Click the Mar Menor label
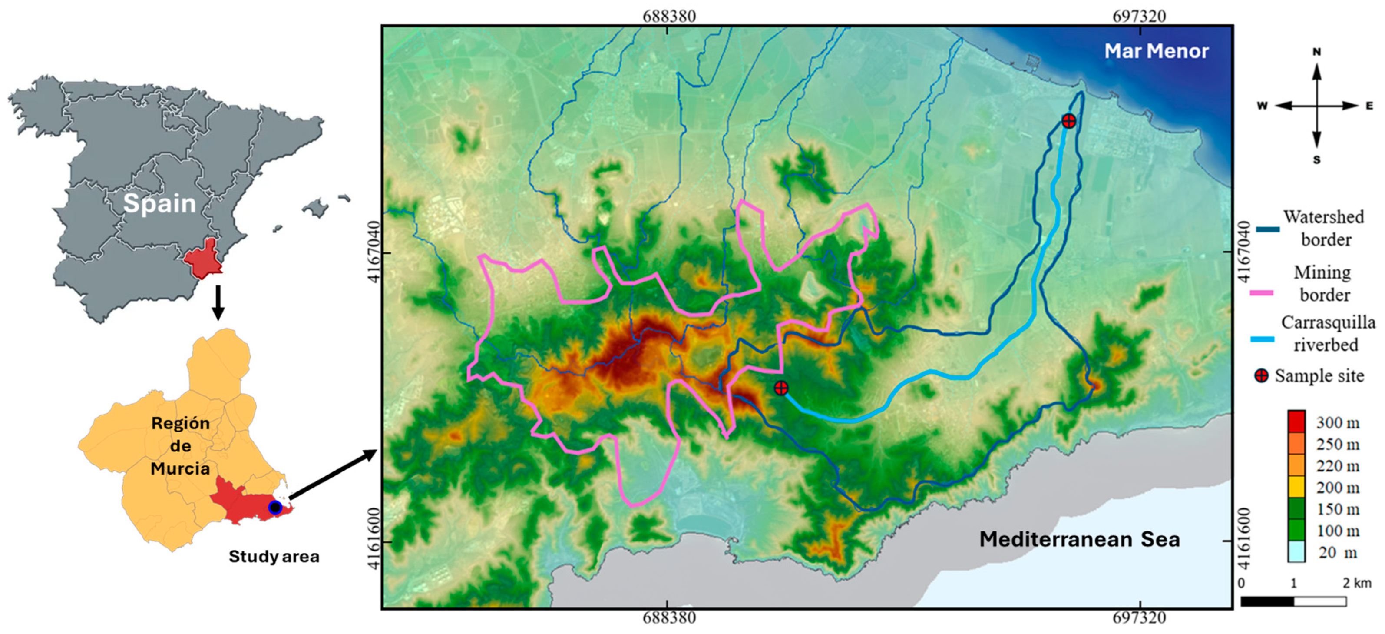(1156, 51)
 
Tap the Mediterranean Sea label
(1079, 539)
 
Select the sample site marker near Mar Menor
(1068, 121)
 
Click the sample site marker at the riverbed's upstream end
(781, 388)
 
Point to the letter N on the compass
(1317, 52)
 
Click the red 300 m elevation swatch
(1296, 422)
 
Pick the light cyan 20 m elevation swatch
(1296, 552)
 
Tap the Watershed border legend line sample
(1267, 229)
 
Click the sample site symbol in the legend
(1261, 375)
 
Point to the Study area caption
(274, 556)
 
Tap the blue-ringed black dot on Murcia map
(275, 507)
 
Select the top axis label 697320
(1139, 16)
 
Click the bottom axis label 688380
(669, 617)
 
